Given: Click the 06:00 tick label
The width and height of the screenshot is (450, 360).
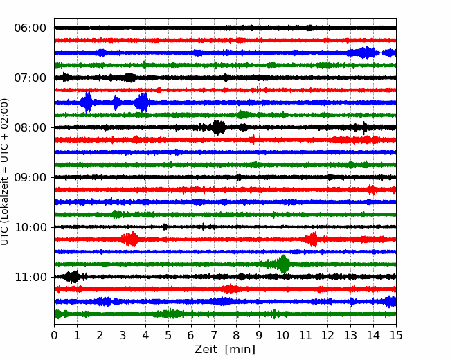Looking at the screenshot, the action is [30, 28].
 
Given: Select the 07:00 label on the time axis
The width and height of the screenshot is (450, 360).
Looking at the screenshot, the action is [30, 78].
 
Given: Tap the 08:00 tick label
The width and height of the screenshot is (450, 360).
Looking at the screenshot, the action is [30, 127].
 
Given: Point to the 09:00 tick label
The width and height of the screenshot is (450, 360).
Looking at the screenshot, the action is [30, 177].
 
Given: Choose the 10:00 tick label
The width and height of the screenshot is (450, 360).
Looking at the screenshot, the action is [30, 227].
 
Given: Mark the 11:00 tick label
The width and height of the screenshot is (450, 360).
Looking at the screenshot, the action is [30, 277].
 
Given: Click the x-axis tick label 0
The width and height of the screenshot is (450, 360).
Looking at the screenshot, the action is [54, 335].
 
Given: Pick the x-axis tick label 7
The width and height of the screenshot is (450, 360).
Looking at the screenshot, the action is [214, 335].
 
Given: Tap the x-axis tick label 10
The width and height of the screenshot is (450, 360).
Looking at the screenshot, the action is [282, 335].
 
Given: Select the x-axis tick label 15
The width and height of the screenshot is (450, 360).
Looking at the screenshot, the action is [396, 335].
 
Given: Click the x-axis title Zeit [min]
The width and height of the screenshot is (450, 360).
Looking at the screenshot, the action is [225, 350].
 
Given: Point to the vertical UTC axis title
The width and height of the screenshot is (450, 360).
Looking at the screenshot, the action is [5, 172].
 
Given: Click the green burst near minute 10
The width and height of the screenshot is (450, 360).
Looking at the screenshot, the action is [282, 264].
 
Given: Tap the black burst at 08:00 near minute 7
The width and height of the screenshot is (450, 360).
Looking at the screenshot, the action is [218, 127].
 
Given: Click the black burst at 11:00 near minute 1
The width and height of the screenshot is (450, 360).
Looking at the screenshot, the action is [73, 277].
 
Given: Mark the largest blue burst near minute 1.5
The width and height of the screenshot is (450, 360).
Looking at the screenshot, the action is [87, 102].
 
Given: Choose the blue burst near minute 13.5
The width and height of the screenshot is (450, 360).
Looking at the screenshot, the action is [363, 53].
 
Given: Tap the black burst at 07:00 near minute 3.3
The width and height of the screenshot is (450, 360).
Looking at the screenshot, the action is [129, 78].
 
